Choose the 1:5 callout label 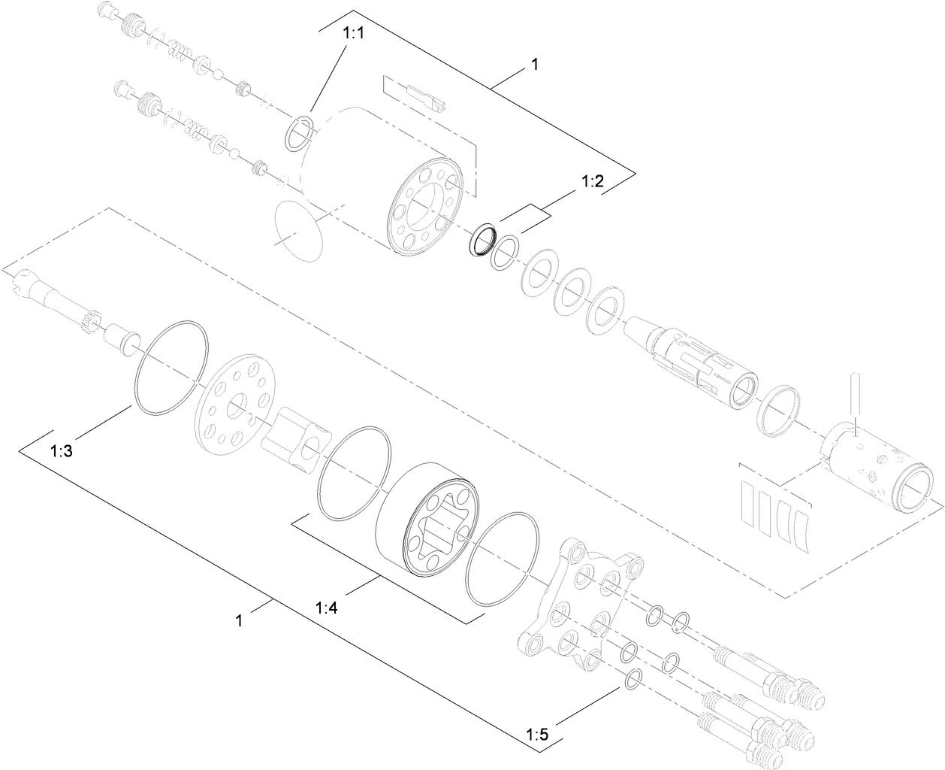[536, 732]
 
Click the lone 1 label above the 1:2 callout [534, 65]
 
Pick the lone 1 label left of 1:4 [239, 620]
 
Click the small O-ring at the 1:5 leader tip [633, 679]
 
